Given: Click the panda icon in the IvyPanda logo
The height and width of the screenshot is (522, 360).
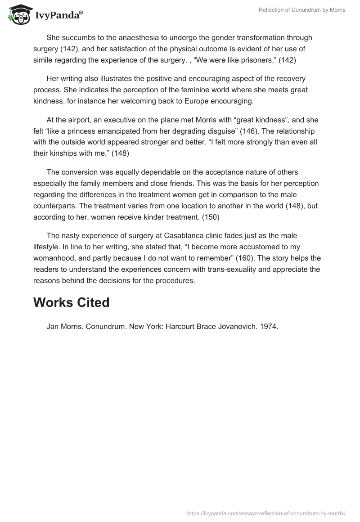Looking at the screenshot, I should pos(17,14).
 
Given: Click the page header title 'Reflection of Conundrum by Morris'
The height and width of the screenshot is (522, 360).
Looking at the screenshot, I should pos(302,10).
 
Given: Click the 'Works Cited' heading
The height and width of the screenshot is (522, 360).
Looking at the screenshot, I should pos(71,302).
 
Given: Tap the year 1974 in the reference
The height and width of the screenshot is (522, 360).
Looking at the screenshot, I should pos(269,327).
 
